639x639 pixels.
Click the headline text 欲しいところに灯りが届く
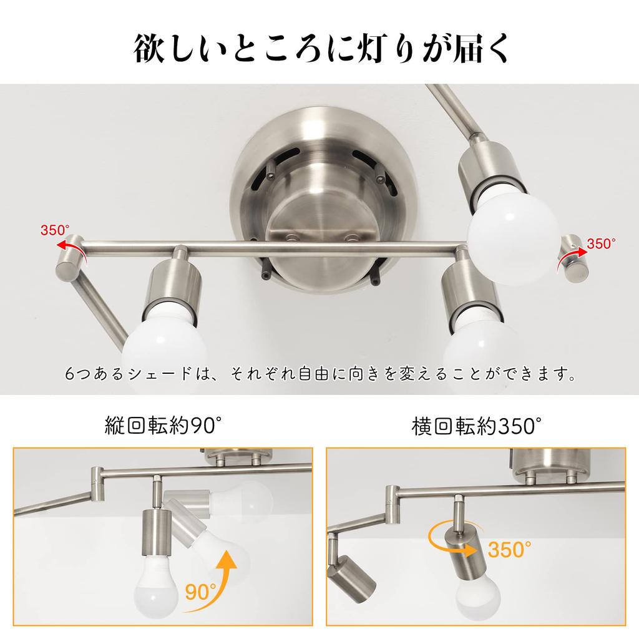pyautogui.click(x=319, y=49)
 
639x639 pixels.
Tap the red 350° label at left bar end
pyautogui.click(x=56, y=230)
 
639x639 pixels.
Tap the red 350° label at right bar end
pyautogui.click(x=601, y=243)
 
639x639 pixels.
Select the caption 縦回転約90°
pyautogui.click(x=163, y=426)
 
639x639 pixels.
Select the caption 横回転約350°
pyautogui.click(x=476, y=426)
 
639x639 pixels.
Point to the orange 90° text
pyautogui.click(x=201, y=590)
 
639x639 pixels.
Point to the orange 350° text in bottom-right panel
pyautogui.click(x=510, y=549)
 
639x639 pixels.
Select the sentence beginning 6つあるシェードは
pyautogui.click(x=319, y=376)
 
